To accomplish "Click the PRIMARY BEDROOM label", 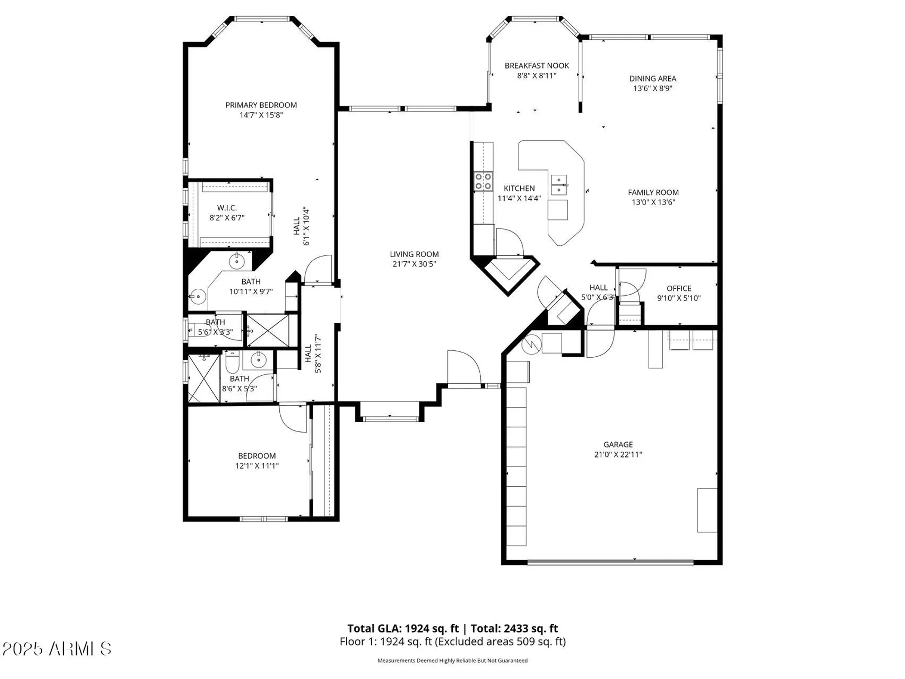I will pyautogui.click(x=261, y=105).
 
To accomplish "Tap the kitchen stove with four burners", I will pyautogui.click(x=483, y=182).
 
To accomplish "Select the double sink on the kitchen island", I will pyautogui.click(x=559, y=185).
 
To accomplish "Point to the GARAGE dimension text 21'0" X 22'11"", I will pyautogui.click(x=618, y=454).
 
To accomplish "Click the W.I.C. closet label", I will pyautogui.click(x=227, y=208).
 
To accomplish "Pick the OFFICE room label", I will pyautogui.click(x=679, y=288).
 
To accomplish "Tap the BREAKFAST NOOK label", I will pyautogui.click(x=536, y=66).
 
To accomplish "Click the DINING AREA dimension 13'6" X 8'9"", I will pyautogui.click(x=652, y=88).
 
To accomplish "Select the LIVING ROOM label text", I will pyautogui.click(x=414, y=254).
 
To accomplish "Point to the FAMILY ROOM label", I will pyautogui.click(x=653, y=192).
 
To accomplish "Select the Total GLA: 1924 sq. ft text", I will pyautogui.click(x=403, y=628).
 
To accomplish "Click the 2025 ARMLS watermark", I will pyautogui.click(x=57, y=649).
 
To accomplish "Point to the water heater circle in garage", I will pyautogui.click(x=531, y=344).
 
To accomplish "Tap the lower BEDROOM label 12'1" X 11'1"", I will pyautogui.click(x=257, y=456).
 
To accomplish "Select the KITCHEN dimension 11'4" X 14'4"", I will pyautogui.click(x=519, y=198).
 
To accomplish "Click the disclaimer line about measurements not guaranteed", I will pyautogui.click(x=452, y=660).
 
